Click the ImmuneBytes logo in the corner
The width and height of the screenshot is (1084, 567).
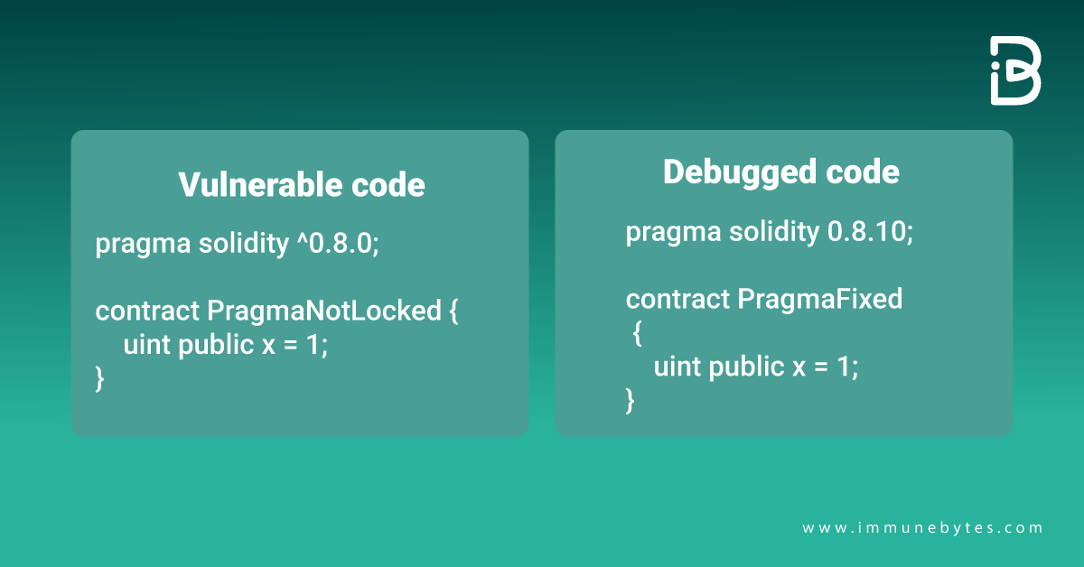click(1015, 71)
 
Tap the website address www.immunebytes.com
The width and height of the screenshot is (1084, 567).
click(922, 528)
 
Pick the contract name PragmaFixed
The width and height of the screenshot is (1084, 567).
click(820, 299)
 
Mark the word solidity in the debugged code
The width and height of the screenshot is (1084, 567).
click(771, 232)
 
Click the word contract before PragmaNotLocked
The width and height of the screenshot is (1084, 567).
click(147, 311)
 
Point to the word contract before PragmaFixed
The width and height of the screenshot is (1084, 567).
click(677, 299)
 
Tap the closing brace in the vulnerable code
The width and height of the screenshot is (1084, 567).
click(100, 378)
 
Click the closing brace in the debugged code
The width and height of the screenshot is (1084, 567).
click(631, 398)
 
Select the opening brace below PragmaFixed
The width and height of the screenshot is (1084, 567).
click(637, 333)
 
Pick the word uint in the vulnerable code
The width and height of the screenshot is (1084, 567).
click(146, 344)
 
